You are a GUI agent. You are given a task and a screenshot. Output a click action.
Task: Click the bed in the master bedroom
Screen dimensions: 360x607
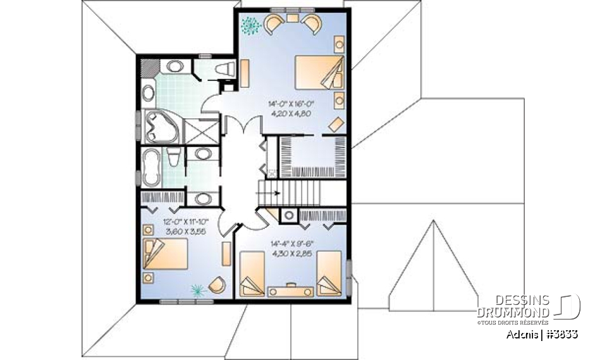tap(319, 72)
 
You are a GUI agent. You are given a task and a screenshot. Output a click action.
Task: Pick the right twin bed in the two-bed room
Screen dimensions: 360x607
tap(329, 273)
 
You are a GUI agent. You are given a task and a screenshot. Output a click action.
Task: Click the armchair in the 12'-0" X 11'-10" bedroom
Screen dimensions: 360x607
tap(216, 285)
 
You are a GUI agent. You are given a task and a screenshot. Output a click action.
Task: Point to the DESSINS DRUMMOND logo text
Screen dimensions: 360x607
tap(513, 306)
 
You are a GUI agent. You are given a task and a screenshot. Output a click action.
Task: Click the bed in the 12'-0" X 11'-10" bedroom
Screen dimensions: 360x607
tap(166, 256)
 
